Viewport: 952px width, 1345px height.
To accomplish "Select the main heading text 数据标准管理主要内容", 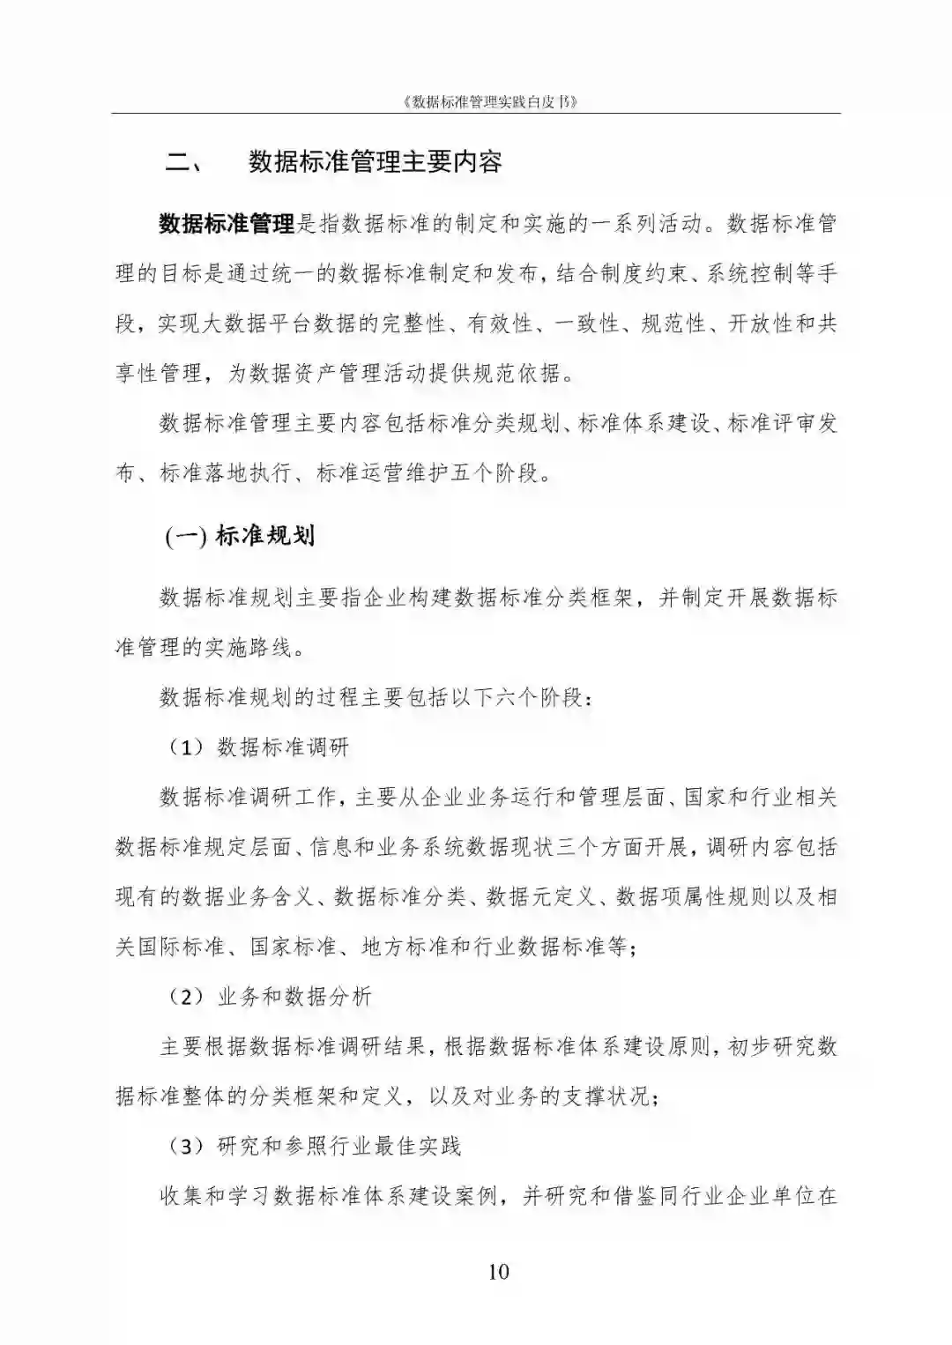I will coord(376,163).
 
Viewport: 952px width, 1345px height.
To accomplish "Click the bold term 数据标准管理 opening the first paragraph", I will coord(227,224).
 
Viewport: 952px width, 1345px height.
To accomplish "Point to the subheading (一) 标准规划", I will coord(240,535).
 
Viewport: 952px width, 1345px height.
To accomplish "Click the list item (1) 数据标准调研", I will coord(260,747).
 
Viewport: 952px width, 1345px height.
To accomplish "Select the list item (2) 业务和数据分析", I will coord(271,997).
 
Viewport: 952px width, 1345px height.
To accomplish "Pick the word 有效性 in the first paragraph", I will coord(500,323).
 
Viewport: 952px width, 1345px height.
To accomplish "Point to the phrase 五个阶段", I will coord(494,473).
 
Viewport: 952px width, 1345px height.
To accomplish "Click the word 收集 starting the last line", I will coord(182,1197).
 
